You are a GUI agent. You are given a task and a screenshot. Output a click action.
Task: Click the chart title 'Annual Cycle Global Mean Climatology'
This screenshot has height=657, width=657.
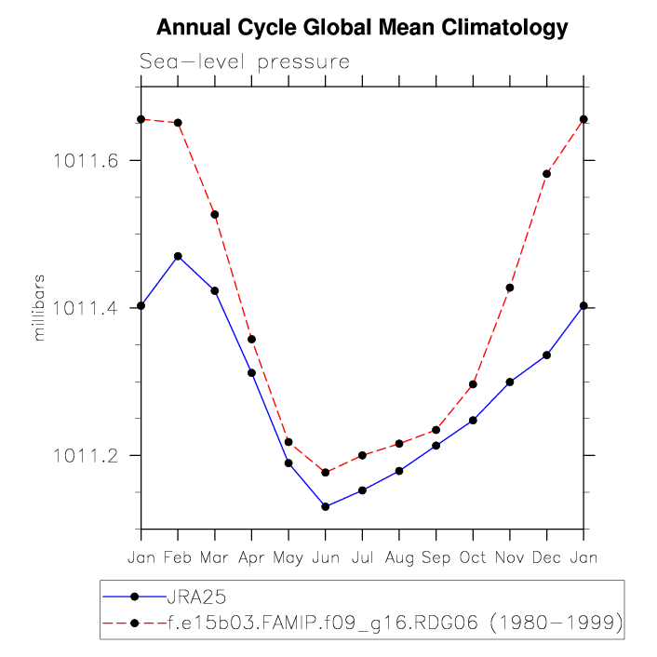point(361,28)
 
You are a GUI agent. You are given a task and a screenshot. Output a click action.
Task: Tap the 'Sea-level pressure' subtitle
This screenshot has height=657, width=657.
point(245,62)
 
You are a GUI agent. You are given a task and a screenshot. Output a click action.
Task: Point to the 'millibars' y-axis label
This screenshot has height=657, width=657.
point(39,307)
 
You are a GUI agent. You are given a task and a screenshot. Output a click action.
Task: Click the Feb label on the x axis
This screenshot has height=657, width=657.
point(178,557)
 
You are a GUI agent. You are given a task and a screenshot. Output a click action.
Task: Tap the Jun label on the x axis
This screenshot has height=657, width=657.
point(325,557)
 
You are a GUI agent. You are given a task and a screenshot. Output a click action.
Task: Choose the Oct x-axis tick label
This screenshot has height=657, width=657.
point(473,557)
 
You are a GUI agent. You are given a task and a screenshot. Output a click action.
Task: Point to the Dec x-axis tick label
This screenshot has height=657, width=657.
point(546,557)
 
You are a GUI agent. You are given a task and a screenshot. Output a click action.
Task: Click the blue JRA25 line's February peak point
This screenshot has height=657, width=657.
point(178,256)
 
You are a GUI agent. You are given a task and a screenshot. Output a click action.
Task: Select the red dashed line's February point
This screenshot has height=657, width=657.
point(178,123)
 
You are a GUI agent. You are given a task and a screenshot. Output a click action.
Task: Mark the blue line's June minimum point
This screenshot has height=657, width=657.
point(325,506)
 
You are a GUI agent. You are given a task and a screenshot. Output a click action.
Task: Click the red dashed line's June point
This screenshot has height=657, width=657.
point(325,473)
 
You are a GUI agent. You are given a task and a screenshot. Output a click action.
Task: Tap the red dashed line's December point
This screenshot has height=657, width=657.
point(546,174)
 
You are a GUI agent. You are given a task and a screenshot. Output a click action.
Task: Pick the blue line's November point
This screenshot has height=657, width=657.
point(510,382)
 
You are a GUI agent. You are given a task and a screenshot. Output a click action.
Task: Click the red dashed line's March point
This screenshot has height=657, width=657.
point(215,215)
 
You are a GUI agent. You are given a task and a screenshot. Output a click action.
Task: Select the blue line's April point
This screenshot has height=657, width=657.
point(251,372)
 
